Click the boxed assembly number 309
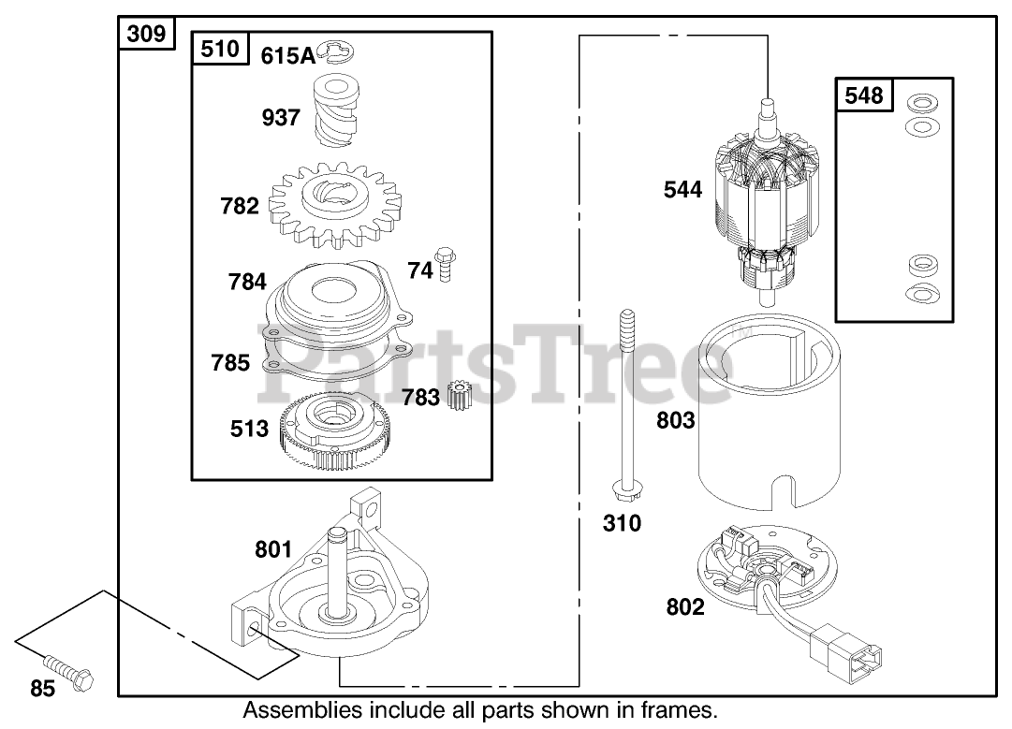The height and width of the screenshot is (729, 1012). click(146, 36)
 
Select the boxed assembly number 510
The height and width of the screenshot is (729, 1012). click(220, 49)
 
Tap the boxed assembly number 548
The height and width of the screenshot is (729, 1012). click(863, 95)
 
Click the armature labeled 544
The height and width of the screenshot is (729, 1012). click(768, 201)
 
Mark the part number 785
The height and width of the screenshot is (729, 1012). click(230, 362)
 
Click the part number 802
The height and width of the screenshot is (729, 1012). click(685, 607)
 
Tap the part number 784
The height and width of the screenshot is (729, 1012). click(246, 282)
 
